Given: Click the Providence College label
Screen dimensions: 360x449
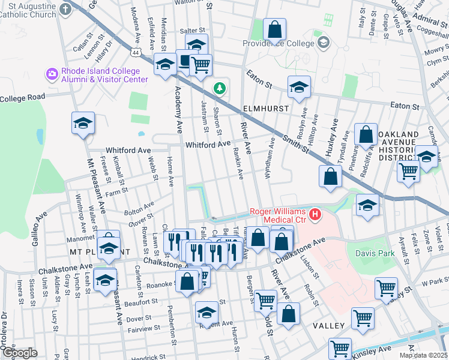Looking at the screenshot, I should (x=278, y=43).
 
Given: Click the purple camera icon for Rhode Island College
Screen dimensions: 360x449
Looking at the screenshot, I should (x=52, y=74).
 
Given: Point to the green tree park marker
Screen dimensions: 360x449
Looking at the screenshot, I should (x=220, y=89).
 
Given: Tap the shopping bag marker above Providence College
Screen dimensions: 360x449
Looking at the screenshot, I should (x=274, y=29).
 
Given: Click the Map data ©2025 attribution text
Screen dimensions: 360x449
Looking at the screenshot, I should (x=423, y=355).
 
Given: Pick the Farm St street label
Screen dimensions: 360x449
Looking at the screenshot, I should (x=117, y=191).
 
